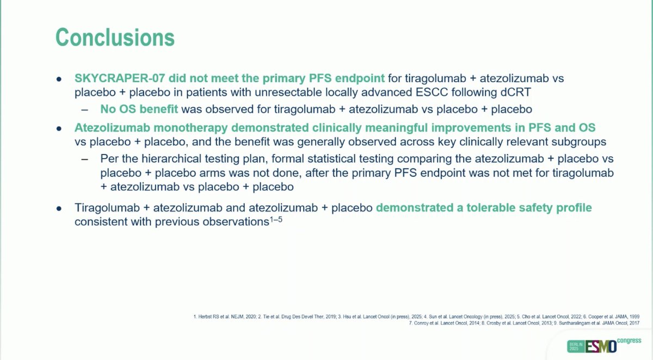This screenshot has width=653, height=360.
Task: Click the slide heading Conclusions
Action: (x=115, y=38)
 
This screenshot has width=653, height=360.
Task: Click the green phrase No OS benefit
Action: (x=139, y=109)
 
